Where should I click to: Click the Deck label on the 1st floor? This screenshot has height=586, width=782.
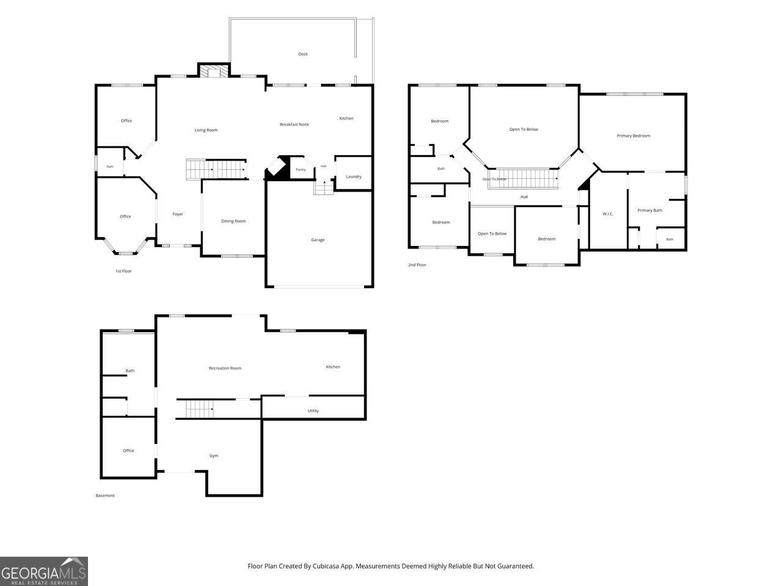tap(303, 54)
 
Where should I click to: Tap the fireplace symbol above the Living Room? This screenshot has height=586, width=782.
tap(214, 71)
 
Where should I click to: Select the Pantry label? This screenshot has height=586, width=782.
tap(301, 170)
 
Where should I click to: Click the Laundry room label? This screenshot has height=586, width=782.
tap(353, 176)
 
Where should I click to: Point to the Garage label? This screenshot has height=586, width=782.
tap(318, 240)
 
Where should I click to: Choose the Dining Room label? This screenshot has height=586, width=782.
tap(234, 222)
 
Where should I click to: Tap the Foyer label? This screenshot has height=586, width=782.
tap(178, 214)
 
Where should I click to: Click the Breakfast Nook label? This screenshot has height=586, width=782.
tap(294, 125)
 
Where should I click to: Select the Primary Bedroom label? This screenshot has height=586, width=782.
tap(634, 136)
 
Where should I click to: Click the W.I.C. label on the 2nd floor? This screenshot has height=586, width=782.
tap(608, 214)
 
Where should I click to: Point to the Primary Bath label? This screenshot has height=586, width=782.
tap(650, 210)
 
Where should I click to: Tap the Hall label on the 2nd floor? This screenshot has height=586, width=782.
tap(524, 197)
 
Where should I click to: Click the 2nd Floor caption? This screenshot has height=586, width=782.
tap(417, 265)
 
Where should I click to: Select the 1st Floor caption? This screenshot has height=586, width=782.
tap(123, 271)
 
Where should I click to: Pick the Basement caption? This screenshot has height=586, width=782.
tap(105, 495)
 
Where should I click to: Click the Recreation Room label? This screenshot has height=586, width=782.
tap(225, 368)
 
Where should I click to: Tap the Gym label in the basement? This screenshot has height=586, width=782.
tap(214, 456)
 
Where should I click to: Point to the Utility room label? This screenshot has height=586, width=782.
tap(313, 411)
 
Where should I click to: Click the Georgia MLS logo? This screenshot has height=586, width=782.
tap(44, 571)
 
